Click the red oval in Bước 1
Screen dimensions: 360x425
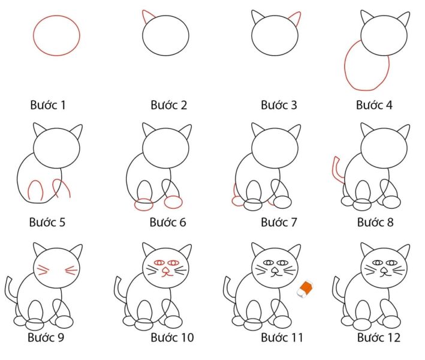[x=56, y=36]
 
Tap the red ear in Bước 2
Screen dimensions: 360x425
[x=147, y=17]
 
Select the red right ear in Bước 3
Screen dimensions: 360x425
[x=294, y=18]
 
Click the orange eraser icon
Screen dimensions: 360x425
[x=306, y=289]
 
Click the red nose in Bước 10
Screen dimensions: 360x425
[x=165, y=272]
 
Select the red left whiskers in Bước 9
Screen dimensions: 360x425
[x=43, y=269]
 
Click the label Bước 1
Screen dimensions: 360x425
[x=47, y=106]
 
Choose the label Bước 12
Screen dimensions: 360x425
[x=378, y=338]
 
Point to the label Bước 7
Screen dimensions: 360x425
[x=279, y=223]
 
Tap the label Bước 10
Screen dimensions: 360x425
[x=171, y=338]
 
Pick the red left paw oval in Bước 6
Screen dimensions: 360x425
[x=144, y=205]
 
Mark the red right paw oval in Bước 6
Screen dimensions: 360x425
[x=173, y=202]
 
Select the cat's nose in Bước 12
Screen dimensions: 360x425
[x=383, y=271]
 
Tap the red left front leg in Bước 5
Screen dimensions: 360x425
[x=35, y=190]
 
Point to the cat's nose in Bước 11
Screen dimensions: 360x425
[x=274, y=271]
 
